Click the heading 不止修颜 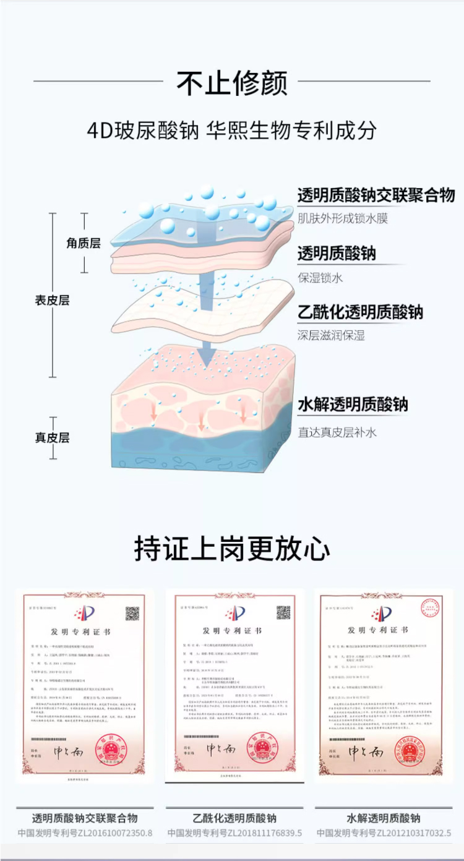click(232, 83)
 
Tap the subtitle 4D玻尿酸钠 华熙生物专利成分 click(232, 131)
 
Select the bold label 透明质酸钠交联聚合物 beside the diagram click(376, 195)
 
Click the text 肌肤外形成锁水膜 click(343, 218)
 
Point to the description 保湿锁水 click(320, 278)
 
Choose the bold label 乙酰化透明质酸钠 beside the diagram click(360, 312)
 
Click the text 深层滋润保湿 click(331, 335)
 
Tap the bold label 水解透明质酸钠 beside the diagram click(353, 405)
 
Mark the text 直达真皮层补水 click(337, 432)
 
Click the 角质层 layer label click(84, 243)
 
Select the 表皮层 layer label click(52, 301)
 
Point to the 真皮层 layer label click(52, 438)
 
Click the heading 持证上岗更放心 click(232, 549)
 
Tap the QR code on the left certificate click(132, 614)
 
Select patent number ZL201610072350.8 click(85, 833)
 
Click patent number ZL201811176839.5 click(234, 833)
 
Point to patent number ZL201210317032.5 click(384, 833)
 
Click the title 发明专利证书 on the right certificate click(377, 630)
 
